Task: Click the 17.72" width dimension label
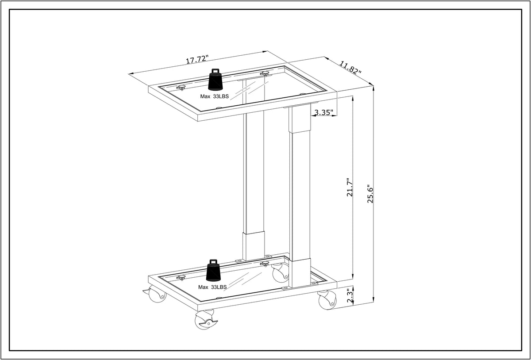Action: point(197,60)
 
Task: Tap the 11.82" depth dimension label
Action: point(350,68)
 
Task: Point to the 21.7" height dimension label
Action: point(349,188)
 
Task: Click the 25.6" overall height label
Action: point(370,194)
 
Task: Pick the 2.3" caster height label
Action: point(350,296)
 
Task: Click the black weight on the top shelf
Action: point(215,80)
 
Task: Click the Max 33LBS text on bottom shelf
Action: point(212,287)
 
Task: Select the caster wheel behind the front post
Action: point(280,273)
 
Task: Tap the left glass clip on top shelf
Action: point(181,88)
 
